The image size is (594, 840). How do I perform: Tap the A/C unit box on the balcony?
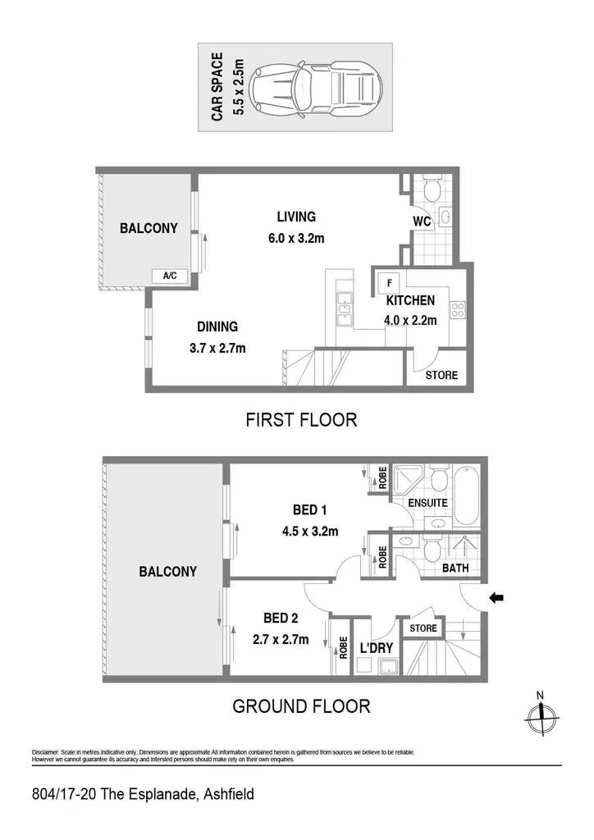point(170,276)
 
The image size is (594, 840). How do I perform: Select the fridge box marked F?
point(390,282)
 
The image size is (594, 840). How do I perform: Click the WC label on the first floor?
point(422,221)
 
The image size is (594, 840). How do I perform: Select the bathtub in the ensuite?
point(466,496)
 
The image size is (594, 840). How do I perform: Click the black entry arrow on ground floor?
point(496,598)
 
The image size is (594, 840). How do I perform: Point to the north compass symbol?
point(542,714)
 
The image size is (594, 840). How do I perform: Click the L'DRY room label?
point(376,648)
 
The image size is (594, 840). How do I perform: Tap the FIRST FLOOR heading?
point(301,419)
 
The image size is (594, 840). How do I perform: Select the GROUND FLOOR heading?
point(301,706)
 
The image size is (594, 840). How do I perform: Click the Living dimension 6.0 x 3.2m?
point(296,239)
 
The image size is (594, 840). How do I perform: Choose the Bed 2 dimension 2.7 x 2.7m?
point(281,639)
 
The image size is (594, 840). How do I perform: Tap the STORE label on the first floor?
point(441,375)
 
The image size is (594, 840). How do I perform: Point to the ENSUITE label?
point(427,503)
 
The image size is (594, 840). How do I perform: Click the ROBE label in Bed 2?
point(343,647)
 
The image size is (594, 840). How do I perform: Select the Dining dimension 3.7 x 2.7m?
point(217,348)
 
